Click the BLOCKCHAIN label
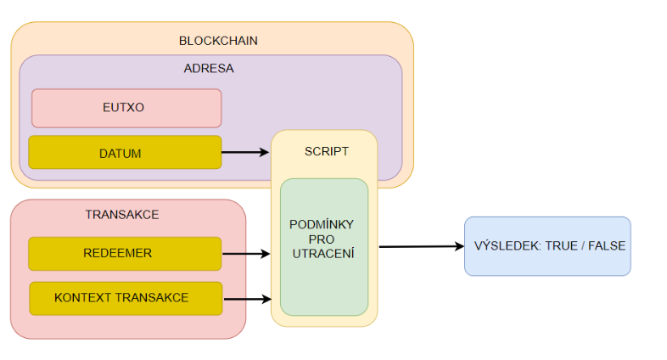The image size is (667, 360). (218, 40)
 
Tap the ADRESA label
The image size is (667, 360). (208, 69)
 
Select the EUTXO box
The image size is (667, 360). (126, 108)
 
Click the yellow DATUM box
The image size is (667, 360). (125, 153)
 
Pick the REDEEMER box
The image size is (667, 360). (125, 253)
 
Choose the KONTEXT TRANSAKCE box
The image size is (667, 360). (126, 298)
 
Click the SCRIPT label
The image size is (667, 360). (326, 151)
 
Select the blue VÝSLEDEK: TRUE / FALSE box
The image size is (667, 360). (547, 246)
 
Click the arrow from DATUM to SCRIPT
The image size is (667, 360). (246, 153)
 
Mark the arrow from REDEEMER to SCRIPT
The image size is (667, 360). (246, 253)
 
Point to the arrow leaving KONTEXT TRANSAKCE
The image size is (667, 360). (246, 299)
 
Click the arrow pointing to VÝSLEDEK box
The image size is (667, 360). (421, 246)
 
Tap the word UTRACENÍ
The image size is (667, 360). (322, 254)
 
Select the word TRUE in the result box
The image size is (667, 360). (561, 246)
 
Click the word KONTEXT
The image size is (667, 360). (81, 298)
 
